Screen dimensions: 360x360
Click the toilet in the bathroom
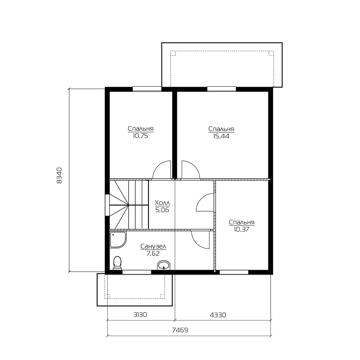click(x=117, y=263)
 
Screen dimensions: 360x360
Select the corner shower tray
click(x=118, y=240)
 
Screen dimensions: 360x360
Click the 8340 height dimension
click(x=59, y=175)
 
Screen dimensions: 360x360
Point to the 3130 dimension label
click(x=140, y=314)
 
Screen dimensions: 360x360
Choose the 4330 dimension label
click(x=218, y=315)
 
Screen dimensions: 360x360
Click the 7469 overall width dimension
click(x=180, y=330)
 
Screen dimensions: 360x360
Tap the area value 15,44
click(x=221, y=136)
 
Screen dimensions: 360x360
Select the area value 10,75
click(x=140, y=136)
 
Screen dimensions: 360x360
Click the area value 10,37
click(x=242, y=229)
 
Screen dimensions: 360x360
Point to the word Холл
click(x=162, y=203)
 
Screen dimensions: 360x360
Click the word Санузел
click(x=153, y=247)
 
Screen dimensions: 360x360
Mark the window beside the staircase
click(x=107, y=205)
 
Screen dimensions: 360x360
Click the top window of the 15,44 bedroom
click(x=221, y=89)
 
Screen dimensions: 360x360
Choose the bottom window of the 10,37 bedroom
click(x=234, y=272)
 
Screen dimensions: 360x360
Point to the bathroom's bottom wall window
click(x=136, y=272)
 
